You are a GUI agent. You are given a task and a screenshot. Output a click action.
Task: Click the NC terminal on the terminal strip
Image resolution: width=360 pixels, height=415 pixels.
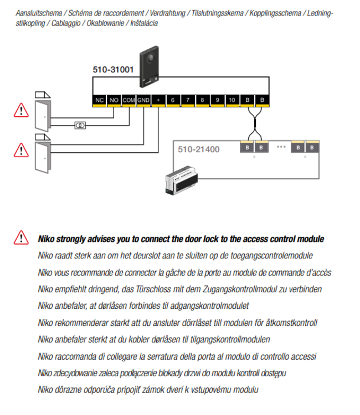coord(99,100)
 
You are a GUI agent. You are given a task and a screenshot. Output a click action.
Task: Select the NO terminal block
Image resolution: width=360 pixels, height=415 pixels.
coord(114,100)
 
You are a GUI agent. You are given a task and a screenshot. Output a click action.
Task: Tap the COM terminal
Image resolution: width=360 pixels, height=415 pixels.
coord(128,100)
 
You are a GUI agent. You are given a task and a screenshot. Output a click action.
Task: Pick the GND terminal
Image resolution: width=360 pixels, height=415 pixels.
coord(143,100)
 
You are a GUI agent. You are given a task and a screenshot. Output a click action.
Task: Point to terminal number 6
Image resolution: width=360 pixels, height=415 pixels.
coord(173,100)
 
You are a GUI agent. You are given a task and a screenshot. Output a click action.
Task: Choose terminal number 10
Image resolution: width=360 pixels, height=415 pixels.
coord(232,100)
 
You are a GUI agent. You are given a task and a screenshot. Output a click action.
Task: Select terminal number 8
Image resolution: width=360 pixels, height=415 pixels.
coord(202,100)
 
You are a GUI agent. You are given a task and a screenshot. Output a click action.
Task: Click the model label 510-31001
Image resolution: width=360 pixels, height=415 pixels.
coord(113,70)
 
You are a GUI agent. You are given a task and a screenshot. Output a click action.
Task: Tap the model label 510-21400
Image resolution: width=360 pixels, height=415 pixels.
coord(198,149)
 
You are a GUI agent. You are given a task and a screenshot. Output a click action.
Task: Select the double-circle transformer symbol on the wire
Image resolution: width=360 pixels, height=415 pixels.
coord(80,126)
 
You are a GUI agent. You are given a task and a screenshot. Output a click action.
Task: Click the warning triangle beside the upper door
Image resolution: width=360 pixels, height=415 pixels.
coord(21,110)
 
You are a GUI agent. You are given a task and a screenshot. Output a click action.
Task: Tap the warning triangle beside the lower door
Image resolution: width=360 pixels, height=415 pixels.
coord(21,149)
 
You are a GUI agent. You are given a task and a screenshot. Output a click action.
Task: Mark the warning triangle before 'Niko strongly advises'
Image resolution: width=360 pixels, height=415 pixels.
coord(21,238)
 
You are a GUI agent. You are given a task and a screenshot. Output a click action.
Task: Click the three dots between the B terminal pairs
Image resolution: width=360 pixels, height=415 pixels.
coord(281,147)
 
